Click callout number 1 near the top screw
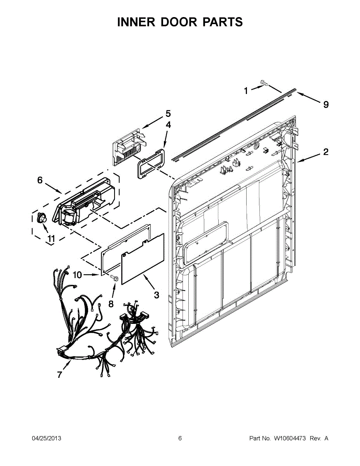click(x=246, y=91)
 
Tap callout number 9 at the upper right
click(x=326, y=104)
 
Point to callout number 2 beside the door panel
click(x=326, y=152)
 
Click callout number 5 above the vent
click(x=168, y=113)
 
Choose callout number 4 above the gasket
click(x=168, y=125)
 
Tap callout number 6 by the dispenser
click(x=40, y=180)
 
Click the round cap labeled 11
click(x=40, y=218)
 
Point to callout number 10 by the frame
click(x=77, y=275)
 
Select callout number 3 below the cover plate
click(x=156, y=295)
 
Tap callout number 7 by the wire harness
click(x=59, y=374)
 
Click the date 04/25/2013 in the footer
click(x=46, y=438)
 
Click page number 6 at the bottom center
click(x=180, y=438)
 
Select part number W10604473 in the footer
click(x=290, y=438)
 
